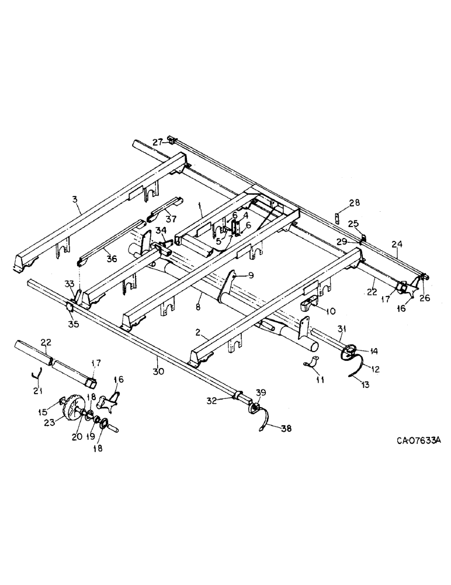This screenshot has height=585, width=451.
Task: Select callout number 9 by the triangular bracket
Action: [x=250, y=275]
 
